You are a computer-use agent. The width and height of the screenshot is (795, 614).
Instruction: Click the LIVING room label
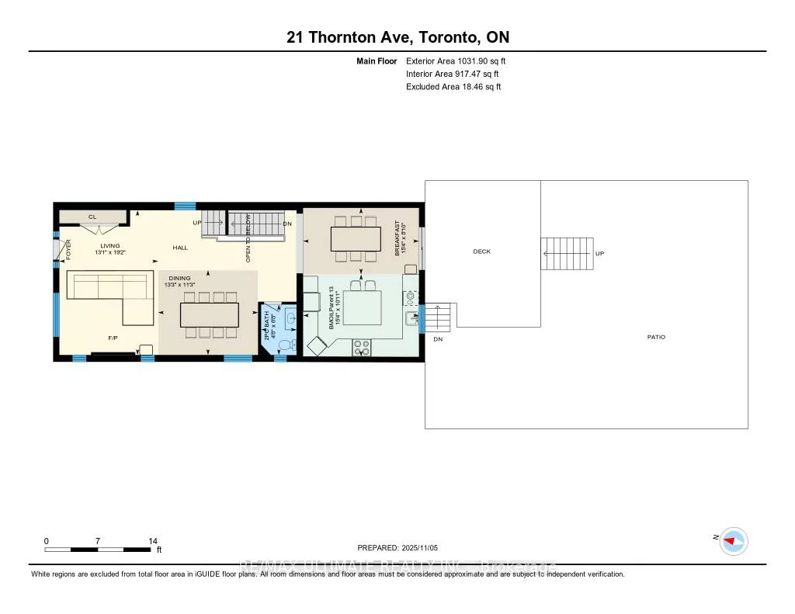(109, 246)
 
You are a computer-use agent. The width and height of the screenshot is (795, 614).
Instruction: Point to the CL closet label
(92, 217)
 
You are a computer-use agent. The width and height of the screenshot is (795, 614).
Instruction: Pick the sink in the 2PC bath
(290, 317)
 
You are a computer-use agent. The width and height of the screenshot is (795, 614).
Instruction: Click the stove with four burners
(361, 348)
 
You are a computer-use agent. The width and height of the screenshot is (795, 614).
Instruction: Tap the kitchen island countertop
(362, 307)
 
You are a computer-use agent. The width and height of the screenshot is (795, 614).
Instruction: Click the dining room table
(210, 314)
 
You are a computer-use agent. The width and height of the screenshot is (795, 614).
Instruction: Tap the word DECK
(481, 251)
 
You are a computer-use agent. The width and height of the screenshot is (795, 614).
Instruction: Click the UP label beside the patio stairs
(599, 254)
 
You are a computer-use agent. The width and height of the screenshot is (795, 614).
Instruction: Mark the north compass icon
(732, 541)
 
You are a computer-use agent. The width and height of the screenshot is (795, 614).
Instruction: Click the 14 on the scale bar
(153, 541)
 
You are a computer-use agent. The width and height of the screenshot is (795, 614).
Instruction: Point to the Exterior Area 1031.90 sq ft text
(456, 61)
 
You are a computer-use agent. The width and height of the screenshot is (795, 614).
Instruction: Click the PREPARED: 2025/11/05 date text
(402, 547)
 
